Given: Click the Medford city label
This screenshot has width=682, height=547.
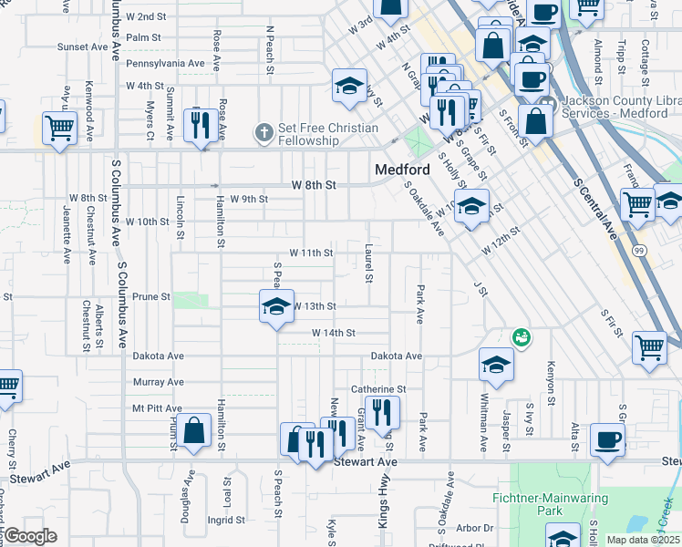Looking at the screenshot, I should click(x=402, y=170).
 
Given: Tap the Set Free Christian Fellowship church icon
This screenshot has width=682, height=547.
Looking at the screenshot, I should click(x=264, y=134).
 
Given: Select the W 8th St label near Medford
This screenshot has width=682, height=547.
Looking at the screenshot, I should click(x=315, y=185).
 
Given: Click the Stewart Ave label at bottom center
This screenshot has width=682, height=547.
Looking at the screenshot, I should click(x=366, y=463).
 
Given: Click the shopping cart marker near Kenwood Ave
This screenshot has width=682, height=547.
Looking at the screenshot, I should click(x=59, y=129).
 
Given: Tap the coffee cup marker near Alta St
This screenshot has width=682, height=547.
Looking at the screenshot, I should click(x=607, y=439).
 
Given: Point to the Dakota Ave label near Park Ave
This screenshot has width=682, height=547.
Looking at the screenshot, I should click(x=396, y=356).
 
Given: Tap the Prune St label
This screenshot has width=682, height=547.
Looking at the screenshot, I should click(x=151, y=297).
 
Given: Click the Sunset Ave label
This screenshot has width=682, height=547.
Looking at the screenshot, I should click(x=82, y=46).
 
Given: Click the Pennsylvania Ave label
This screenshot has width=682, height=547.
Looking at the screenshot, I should click(x=165, y=64).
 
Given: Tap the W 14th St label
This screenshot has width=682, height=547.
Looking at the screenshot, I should click(x=333, y=334).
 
